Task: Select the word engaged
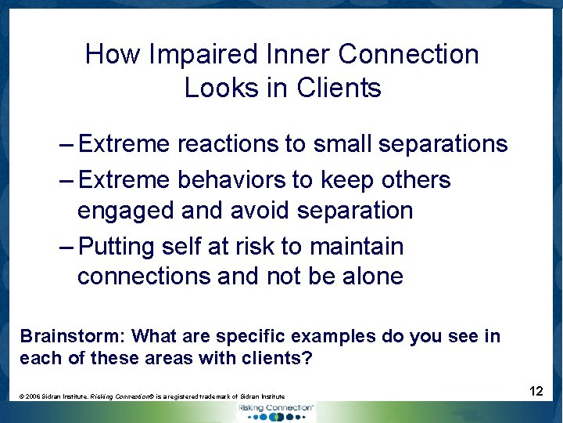click(126, 211)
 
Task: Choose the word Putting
click(117, 247)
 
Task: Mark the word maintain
click(357, 247)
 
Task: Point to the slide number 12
click(536, 390)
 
